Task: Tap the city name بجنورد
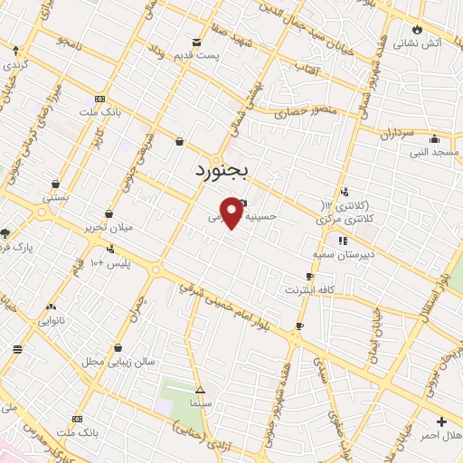[227, 169]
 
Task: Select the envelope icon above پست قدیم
[197, 42]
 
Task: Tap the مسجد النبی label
[432, 152]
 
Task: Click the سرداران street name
[396, 133]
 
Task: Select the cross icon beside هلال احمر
[441, 421]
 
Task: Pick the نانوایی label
[51, 320]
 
